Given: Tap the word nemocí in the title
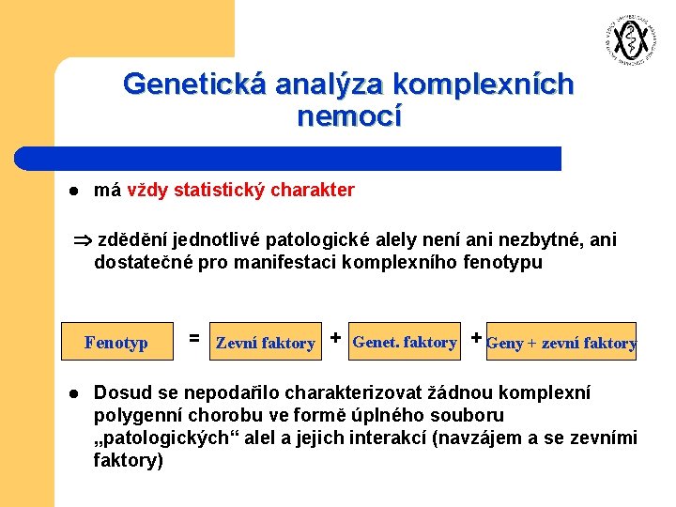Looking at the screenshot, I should pyautogui.click(x=348, y=117).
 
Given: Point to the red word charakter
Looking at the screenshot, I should pyautogui.click(x=313, y=191).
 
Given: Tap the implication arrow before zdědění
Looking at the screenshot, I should pyautogui.click(x=82, y=240).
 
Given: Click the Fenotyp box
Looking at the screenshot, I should pyautogui.click(x=115, y=343).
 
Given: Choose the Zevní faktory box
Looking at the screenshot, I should pyautogui.click(x=265, y=343).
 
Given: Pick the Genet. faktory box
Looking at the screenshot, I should pyautogui.click(x=404, y=342).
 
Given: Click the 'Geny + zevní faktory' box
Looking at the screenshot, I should pyautogui.click(x=561, y=343).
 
